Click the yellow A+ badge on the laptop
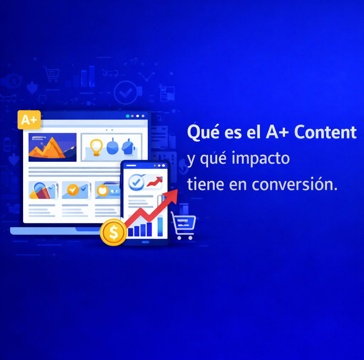tap(29, 120)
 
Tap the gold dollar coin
tap(113, 232)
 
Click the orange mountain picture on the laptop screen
tap(52, 147)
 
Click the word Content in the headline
tap(325, 133)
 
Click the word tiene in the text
tap(205, 185)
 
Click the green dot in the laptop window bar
tap(128, 116)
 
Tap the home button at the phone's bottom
tap(145, 242)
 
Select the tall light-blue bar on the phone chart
tap(160, 227)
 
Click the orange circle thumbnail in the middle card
tap(73, 190)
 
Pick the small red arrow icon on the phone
tap(154, 182)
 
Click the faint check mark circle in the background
tap(125, 92)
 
